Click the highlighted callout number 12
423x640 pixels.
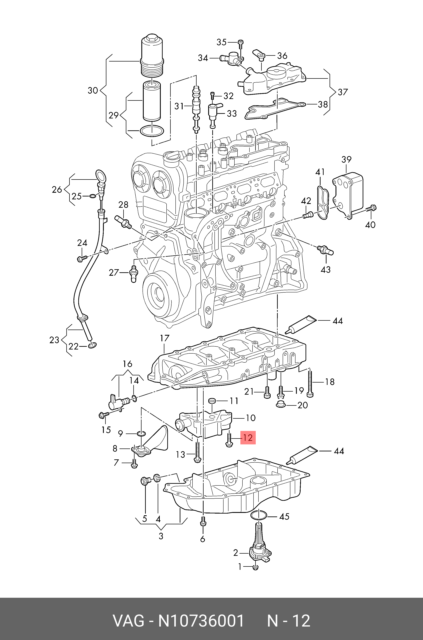(248, 438)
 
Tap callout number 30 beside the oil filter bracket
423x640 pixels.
(93, 90)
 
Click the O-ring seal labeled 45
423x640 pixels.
(259, 515)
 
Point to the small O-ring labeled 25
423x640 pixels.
(92, 196)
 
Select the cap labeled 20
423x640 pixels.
(281, 404)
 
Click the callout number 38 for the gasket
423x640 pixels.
(323, 104)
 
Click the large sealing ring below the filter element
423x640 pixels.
(152, 131)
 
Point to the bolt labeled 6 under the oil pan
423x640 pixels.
(203, 522)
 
